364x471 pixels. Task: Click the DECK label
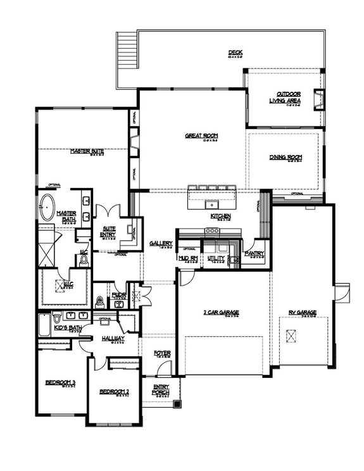click(x=235, y=53)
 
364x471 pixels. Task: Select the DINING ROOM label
click(x=286, y=157)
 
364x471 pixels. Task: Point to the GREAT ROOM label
click(x=198, y=135)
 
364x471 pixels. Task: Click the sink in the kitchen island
click(x=210, y=204)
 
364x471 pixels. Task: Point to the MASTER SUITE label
click(x=87, y=151)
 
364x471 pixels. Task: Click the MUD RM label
click(x=188, y=258)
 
